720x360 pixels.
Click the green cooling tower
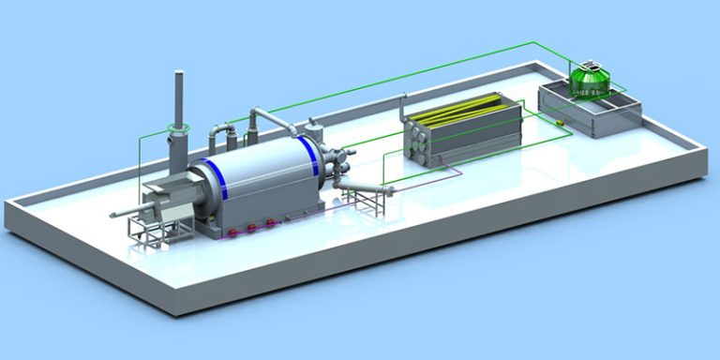point(590,79)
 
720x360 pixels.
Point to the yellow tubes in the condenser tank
point(459,110)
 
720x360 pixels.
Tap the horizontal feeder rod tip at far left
point(113,217)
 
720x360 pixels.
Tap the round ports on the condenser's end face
point(417,139)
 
